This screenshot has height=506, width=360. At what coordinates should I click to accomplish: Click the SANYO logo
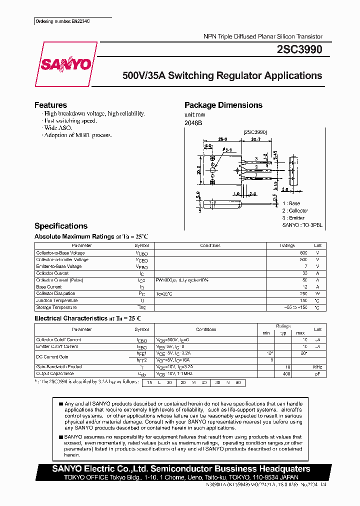65,64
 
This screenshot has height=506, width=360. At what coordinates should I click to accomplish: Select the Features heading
50,105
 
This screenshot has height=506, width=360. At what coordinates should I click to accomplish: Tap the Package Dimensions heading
223,105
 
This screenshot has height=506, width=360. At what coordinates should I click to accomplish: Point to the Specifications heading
60,226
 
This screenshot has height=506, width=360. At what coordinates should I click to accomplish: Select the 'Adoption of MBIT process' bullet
77,135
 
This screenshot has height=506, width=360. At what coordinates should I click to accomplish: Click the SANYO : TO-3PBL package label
302,225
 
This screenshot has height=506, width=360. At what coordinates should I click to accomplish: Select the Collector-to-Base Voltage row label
60,253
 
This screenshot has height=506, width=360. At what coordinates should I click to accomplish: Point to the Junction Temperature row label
57,300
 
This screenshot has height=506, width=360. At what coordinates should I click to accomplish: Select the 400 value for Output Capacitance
286,373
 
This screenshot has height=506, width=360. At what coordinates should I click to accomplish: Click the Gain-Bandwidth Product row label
59,366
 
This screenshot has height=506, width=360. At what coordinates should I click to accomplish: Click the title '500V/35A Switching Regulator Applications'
222,76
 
